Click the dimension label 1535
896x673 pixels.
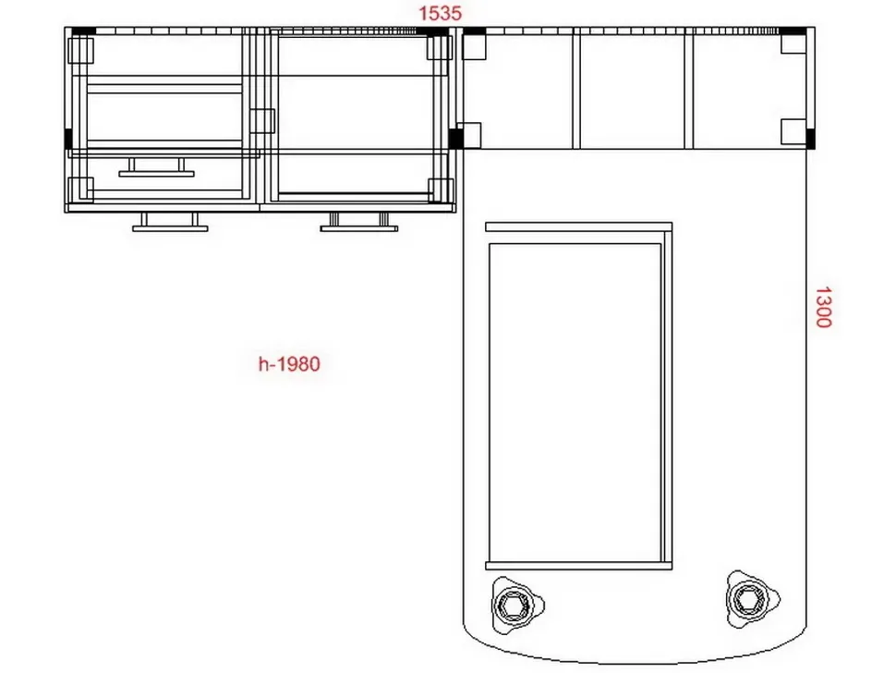click(440, 13)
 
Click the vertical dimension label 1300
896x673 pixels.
click(823, 307)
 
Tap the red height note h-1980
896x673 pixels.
click(289, 363)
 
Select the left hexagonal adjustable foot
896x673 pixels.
click(516, 605)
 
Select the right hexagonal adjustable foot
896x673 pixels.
click(751, 599)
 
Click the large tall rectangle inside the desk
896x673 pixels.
click(575, 402)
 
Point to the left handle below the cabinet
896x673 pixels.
click(170, 222)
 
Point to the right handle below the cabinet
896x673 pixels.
click(358, 222)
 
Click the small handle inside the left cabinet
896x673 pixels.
click(156, 167)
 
